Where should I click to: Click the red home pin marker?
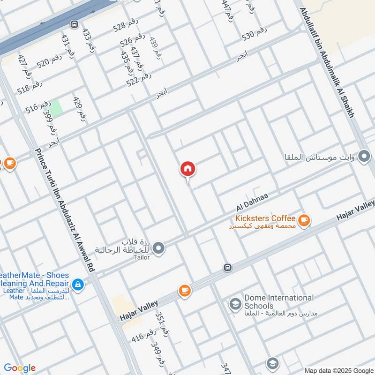[x=188, y=169]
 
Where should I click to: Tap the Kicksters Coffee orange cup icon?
[x=304, y=219]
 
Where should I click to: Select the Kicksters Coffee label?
[x=265, y=219]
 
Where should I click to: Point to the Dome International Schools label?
[x=278, y=302]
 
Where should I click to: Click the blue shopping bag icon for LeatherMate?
[x=78, y=284]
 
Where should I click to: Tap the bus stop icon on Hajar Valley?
[x=227, y=268]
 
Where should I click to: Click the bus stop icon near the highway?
[x=74, y=24]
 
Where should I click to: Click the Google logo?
[x=20, y=368]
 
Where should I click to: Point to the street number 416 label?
[x=143, y=336]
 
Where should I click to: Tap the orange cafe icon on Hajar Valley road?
[x=185, y=291]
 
